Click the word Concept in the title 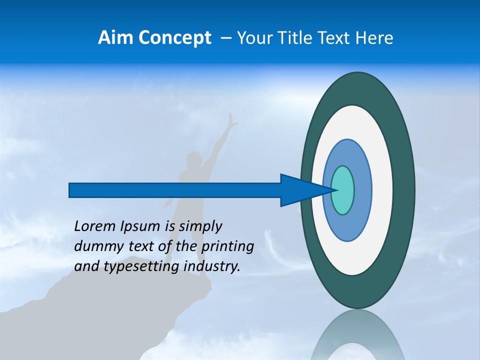pyautogui.click(x=174, y=38)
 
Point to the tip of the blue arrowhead pyautogui.click(x=336, y=190)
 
